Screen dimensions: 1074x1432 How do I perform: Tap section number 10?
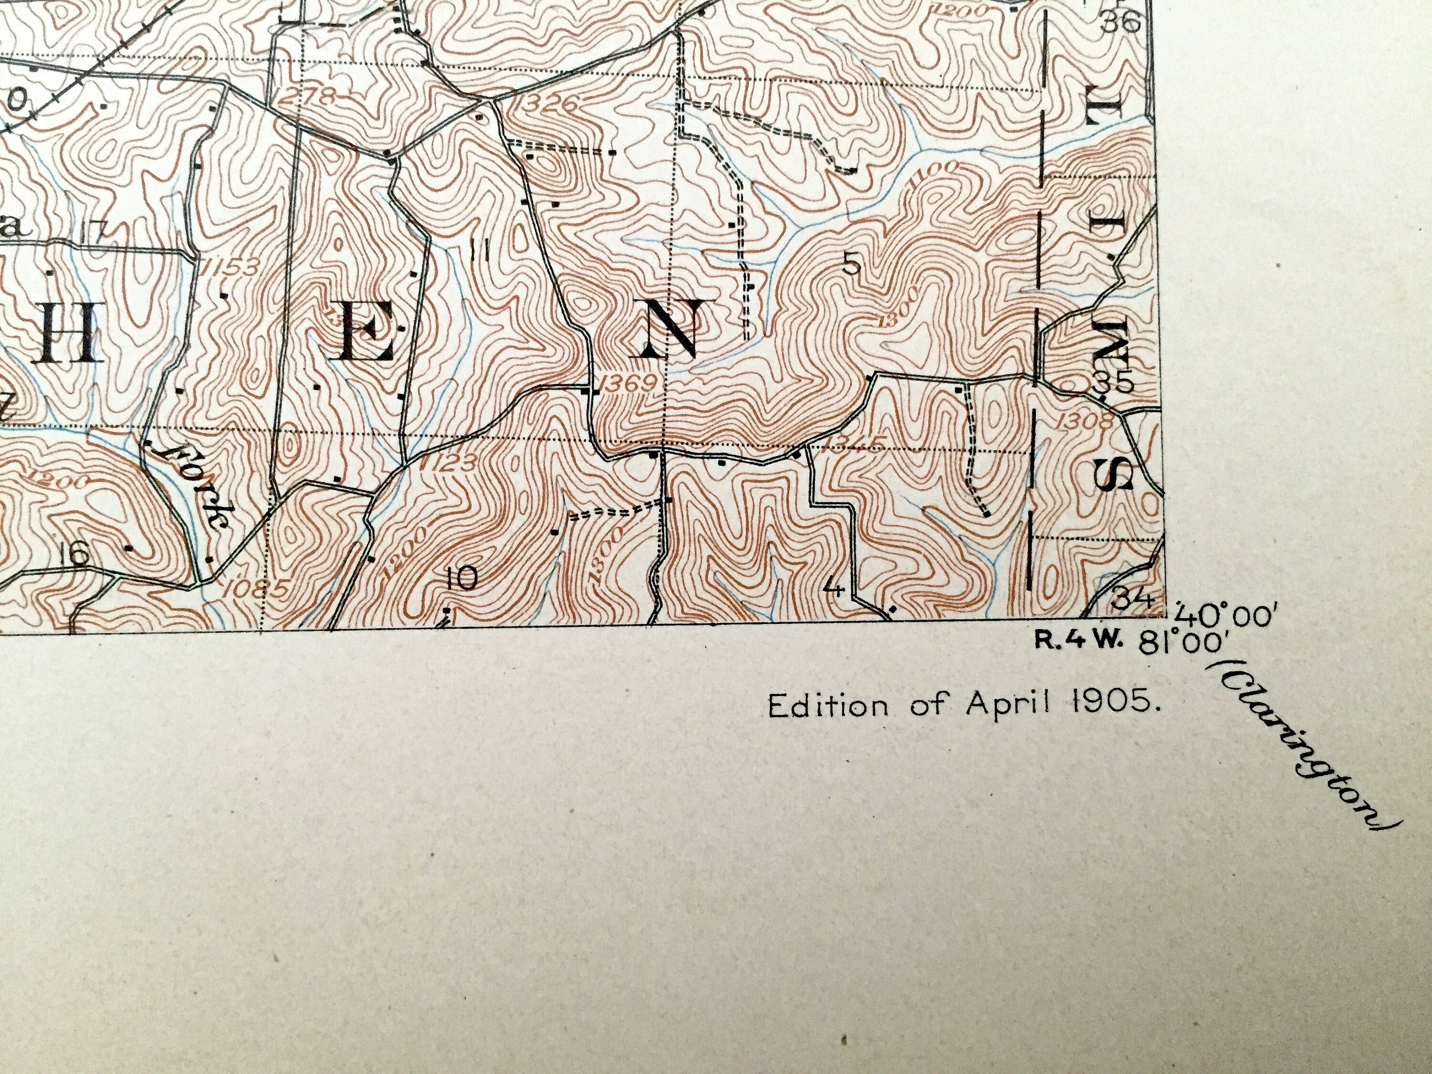[x=462, y=578]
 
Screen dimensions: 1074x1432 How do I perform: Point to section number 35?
[x=1112, y=383]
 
